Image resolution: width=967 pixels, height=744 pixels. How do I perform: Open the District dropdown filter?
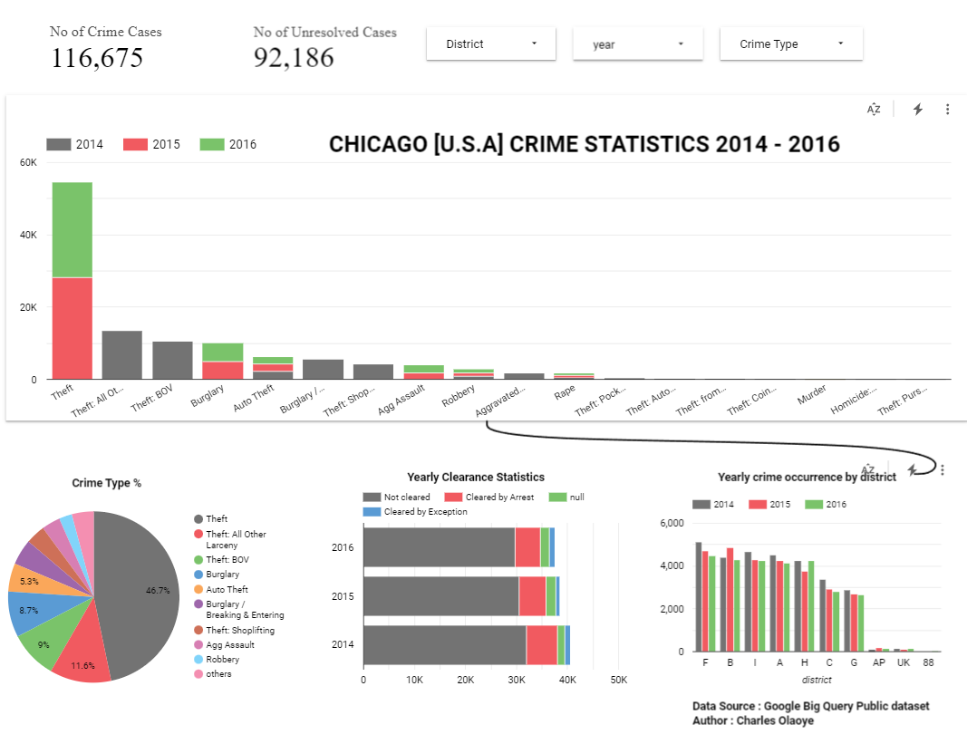pos(490,44)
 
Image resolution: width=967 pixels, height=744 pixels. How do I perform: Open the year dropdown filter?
pos(637,44)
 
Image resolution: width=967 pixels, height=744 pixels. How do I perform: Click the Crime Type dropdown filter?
pos(790,44)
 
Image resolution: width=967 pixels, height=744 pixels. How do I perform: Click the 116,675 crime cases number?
pos(96,58)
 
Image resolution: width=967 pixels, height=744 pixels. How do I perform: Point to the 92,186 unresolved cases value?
pos(294,58)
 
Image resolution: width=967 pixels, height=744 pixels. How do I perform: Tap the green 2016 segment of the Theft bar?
pos(72,229)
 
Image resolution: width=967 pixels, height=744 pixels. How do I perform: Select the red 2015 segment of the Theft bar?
pos(72,328)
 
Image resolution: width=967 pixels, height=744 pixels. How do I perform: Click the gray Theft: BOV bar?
pos(172,360)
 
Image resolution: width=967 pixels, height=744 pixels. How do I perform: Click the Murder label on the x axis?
pos(811,398)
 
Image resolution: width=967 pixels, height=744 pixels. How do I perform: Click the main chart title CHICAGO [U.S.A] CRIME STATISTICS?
pos(584,144)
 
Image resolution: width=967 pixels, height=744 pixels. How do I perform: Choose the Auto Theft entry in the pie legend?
pos(227,589)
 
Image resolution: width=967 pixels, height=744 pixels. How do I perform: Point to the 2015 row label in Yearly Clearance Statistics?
pos(343,596)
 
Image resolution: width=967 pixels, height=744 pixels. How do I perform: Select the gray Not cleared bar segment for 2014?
pos(444,644)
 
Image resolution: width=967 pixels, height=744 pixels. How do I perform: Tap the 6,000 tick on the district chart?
pos(671,523)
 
